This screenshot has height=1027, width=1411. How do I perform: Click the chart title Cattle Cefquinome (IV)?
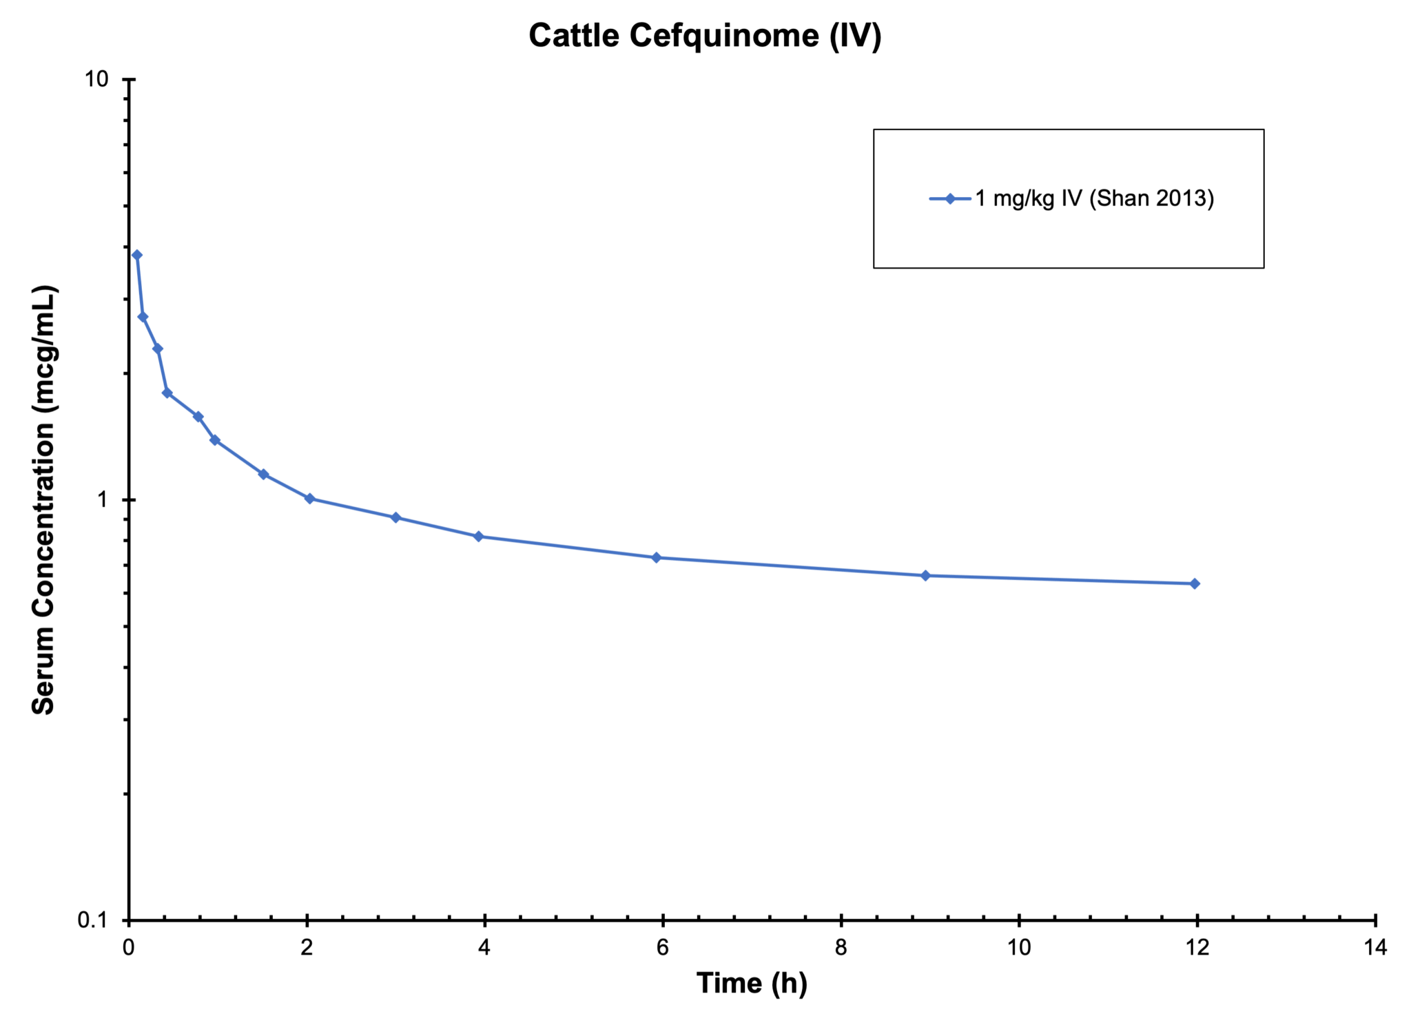point(705,36)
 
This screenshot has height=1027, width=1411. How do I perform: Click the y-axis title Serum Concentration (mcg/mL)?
point(43,499)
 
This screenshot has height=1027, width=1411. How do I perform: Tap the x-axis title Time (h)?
point(752,983)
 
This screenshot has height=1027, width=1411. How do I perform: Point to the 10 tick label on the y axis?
point(96,79)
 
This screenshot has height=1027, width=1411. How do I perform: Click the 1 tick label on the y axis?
point(103,499)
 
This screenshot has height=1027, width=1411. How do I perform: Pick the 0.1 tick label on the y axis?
point(93,920)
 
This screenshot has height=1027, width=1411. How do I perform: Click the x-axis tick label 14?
point(1375,948)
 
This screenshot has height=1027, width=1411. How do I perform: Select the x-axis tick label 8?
point(841,948)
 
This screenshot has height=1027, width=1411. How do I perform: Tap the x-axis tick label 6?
point(662,948)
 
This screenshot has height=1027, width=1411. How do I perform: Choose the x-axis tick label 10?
point(1019,948)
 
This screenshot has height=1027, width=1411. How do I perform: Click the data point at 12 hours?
point(1195,583)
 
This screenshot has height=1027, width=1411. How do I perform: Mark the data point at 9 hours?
point(925,575)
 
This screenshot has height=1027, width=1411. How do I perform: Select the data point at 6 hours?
point(657,557)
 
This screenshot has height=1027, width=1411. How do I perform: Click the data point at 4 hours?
point(479,537)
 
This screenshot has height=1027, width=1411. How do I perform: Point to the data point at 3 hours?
point(395,517)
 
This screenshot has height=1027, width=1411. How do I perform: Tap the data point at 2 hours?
point(309,498)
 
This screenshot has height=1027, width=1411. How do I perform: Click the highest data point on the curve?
point(137,255)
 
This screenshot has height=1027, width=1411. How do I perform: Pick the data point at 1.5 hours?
point(263,474)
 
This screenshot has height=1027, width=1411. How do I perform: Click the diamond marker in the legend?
point(950,199)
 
